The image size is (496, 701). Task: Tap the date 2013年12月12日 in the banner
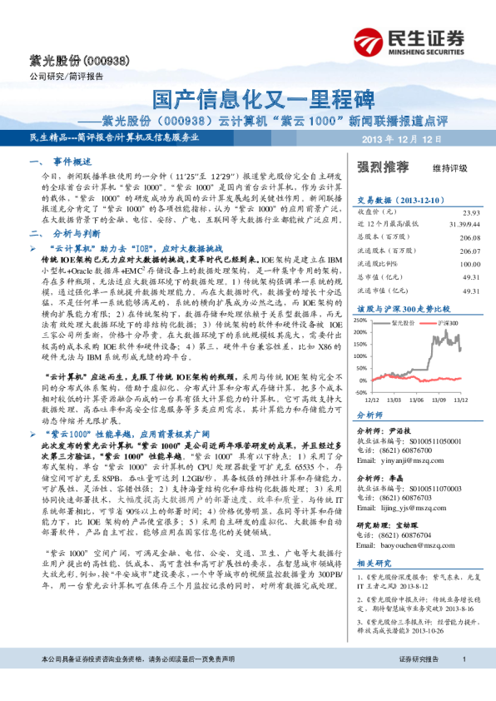[395, 137]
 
